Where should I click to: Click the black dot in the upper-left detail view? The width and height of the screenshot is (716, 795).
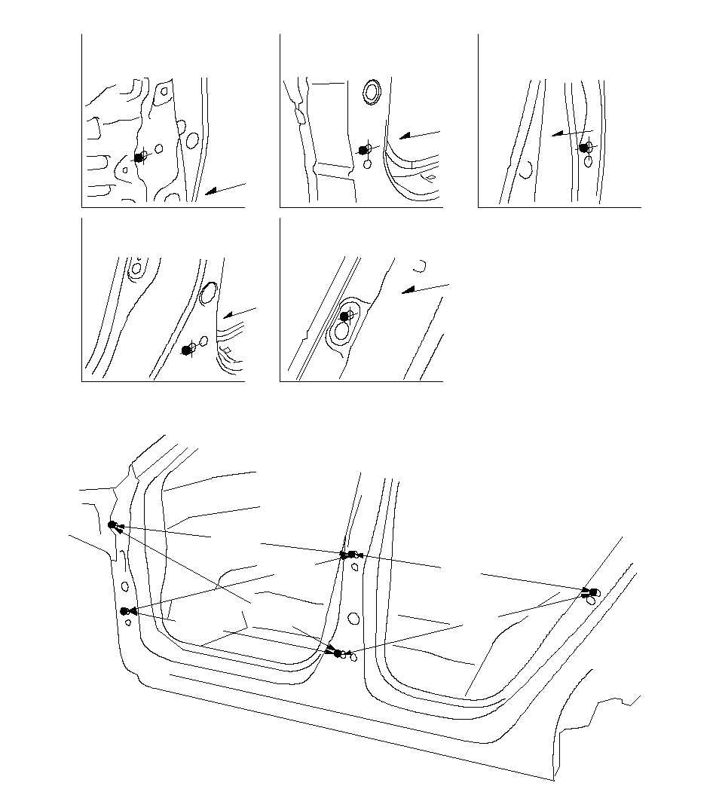139,157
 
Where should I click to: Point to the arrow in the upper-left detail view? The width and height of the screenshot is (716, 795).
225,188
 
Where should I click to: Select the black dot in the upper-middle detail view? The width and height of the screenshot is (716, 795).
363,151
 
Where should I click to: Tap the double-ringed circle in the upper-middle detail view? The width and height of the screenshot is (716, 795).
372,92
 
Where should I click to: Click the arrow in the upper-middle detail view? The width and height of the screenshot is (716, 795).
419,133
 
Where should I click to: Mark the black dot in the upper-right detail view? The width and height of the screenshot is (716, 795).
583,148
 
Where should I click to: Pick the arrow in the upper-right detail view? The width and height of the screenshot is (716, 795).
571,134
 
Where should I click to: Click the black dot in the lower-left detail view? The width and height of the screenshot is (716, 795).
187,350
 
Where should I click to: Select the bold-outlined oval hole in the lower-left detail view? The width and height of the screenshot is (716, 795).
209,293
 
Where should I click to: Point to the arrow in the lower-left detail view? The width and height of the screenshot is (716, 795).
240,313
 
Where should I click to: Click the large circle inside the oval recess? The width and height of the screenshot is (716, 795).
341,330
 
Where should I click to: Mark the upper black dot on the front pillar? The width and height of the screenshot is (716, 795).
112,524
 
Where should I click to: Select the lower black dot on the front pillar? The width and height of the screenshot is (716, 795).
124,611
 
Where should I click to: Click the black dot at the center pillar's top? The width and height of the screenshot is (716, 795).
344,555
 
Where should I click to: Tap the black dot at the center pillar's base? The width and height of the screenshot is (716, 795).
338,653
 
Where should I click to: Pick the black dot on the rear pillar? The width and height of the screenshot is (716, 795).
593,592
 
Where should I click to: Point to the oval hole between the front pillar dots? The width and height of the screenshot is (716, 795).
124,586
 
